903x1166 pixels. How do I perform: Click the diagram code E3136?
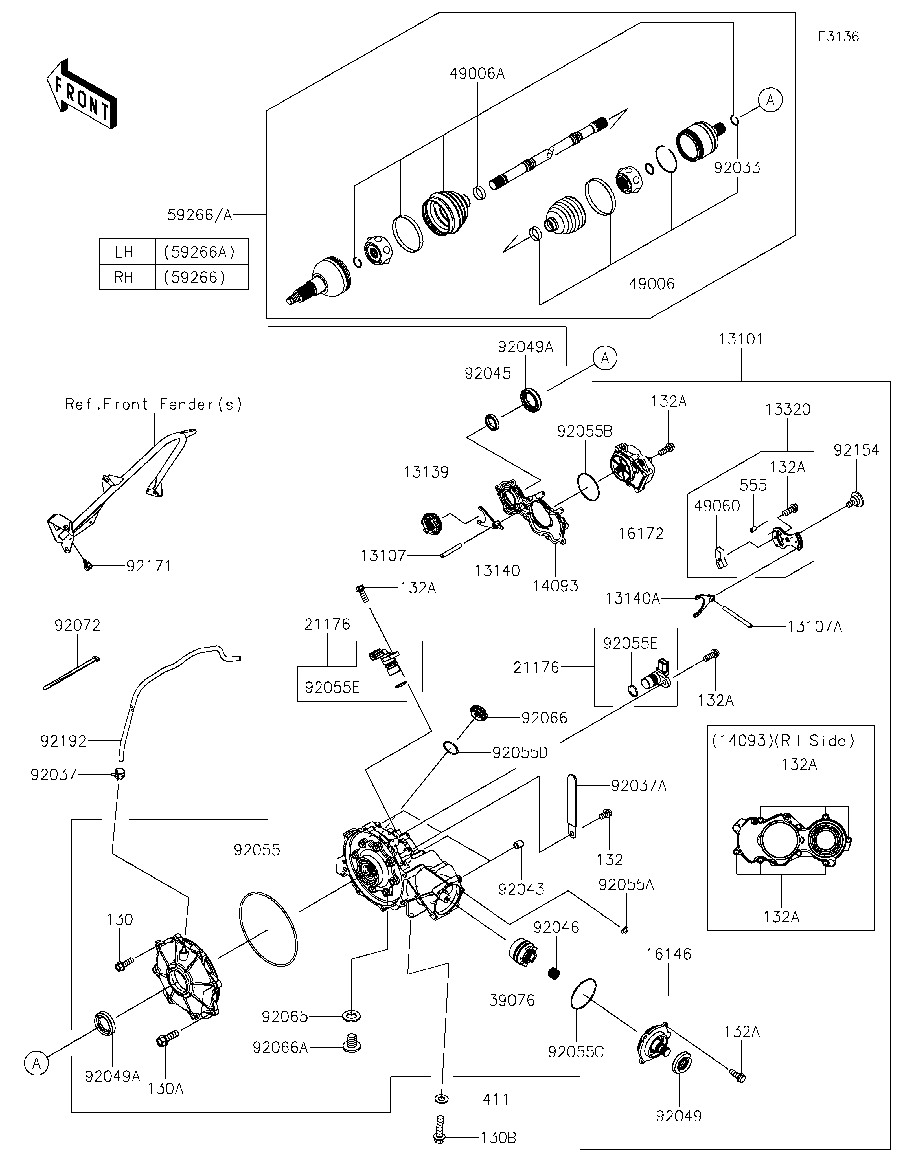(x=838, y=37)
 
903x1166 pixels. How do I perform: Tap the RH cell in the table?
(x=124, y=278)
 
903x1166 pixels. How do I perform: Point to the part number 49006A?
(x=477, y=74)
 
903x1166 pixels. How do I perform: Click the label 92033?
(x=737, y=168)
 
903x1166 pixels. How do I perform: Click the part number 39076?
(x=512, y=1000)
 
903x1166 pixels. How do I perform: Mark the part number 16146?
(x=669, y=954)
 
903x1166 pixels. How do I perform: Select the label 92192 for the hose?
(x=63, y=741)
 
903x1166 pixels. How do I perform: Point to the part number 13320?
(x=788, y=410)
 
